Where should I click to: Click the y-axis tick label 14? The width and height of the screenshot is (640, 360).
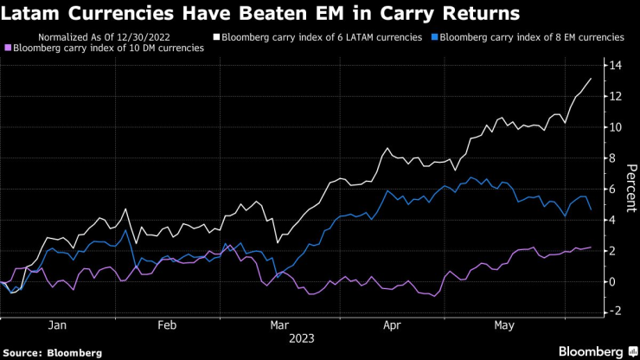pyautogui.click(x=615, y=66)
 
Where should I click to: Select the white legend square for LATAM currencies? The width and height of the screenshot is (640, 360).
pyautogui.click(x=217, y=38)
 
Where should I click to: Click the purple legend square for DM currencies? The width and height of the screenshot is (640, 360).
pyautogui.click(x=9, y=48)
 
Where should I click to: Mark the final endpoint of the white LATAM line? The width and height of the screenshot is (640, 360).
pyautogui.click(x=591, y=79)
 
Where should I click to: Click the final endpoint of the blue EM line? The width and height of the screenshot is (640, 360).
pyautogui.click(x=591, y=209)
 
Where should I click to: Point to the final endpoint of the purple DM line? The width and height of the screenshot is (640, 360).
pyautogui.click(x=591, y=247)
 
